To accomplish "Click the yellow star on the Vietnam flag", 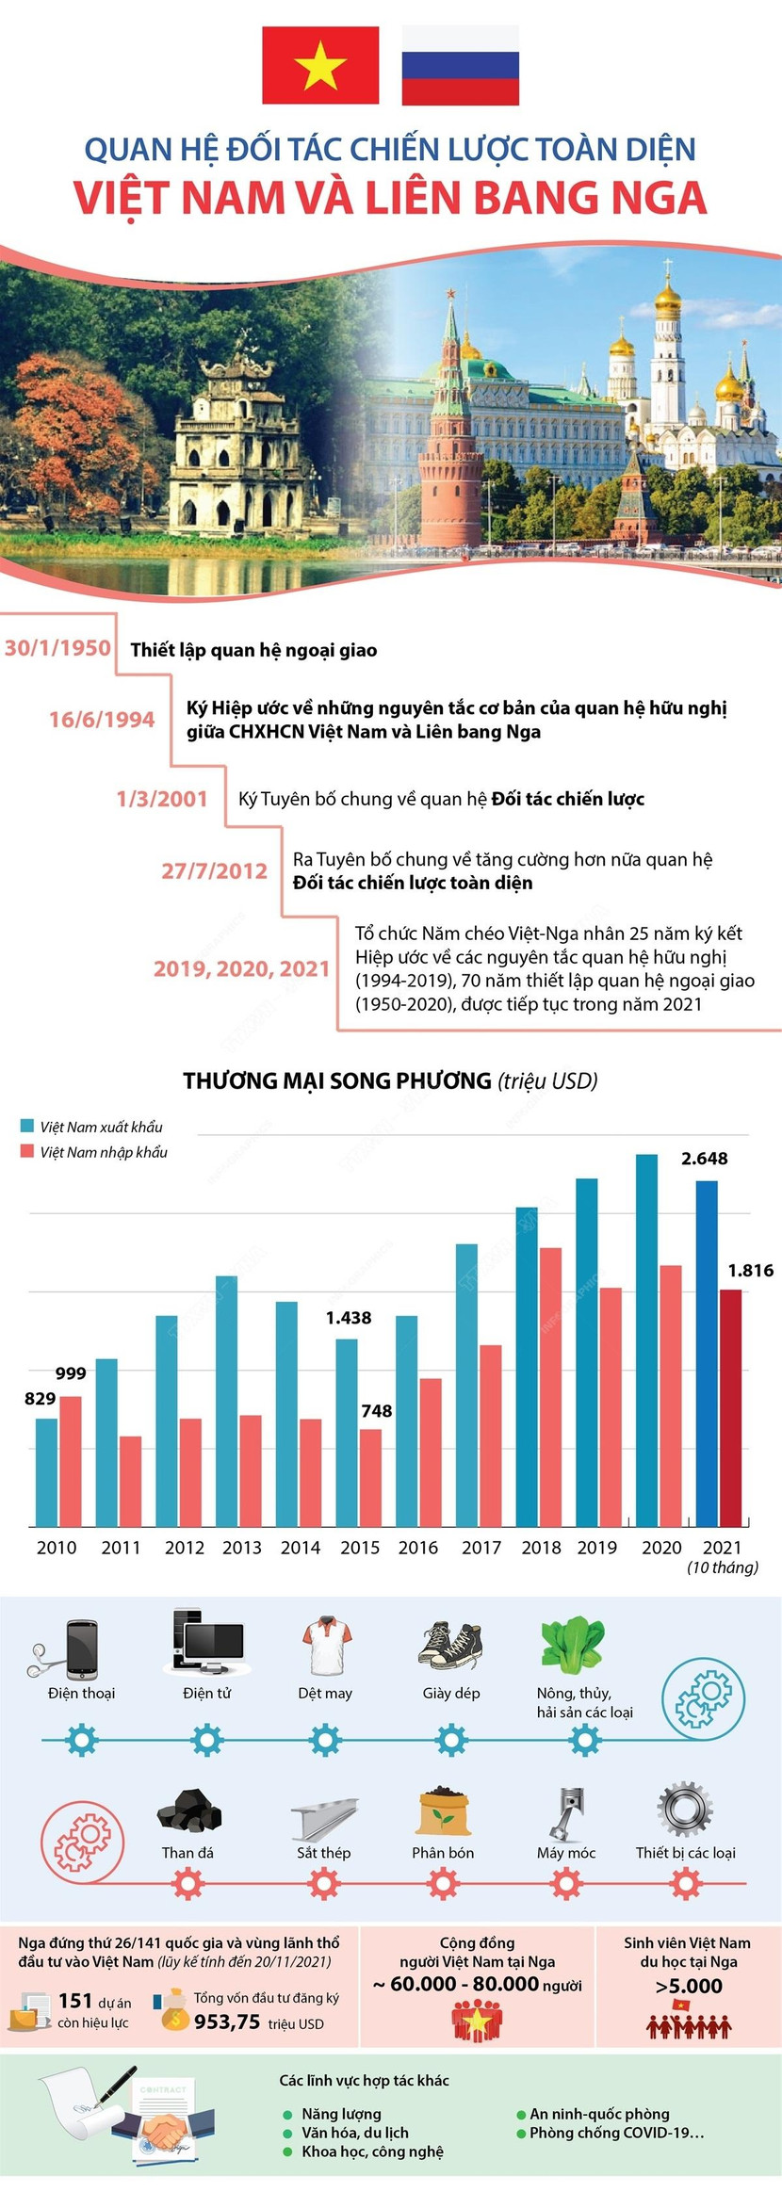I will pos(320,66).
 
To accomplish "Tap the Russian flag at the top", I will pos(460,65).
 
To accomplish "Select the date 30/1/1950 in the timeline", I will pos(57,648).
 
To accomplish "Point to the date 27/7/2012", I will pos(214,870).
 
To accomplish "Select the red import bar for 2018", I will pos(551,1386).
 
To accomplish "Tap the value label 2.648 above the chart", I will pos(705,1159).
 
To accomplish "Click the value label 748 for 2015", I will pos(377,1411).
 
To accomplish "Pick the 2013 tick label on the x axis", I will pos(242,1548).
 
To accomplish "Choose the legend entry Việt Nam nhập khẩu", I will pos(103,1152).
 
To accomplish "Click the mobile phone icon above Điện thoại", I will pos(81,1649).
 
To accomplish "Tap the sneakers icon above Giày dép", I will pos(450,1646).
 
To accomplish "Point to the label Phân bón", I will pos(443,1853).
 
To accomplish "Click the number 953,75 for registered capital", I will pos(227,2022).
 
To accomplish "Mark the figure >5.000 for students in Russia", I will pos(689,1987).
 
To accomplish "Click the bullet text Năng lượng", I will pos(341,2114).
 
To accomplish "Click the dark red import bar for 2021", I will pos(730,1407).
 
